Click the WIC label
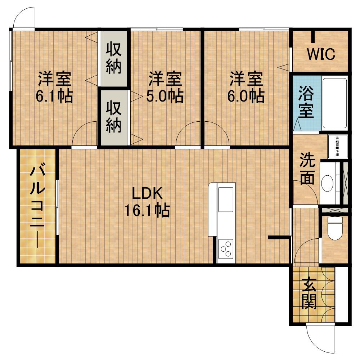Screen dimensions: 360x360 321,54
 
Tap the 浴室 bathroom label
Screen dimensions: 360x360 306,103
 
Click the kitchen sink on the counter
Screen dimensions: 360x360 226,199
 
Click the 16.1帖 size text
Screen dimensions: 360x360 147,211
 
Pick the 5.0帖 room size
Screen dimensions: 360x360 165,96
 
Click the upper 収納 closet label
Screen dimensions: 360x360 113,59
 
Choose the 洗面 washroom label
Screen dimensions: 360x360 306,169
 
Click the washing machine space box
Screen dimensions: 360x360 338,146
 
